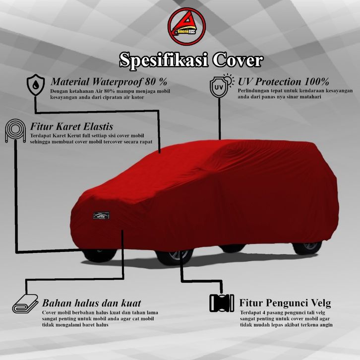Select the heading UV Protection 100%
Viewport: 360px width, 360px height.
tap(283, 81)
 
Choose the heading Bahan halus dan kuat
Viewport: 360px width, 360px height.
tap(92, 302)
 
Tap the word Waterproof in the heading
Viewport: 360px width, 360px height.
tap(118, 81)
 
